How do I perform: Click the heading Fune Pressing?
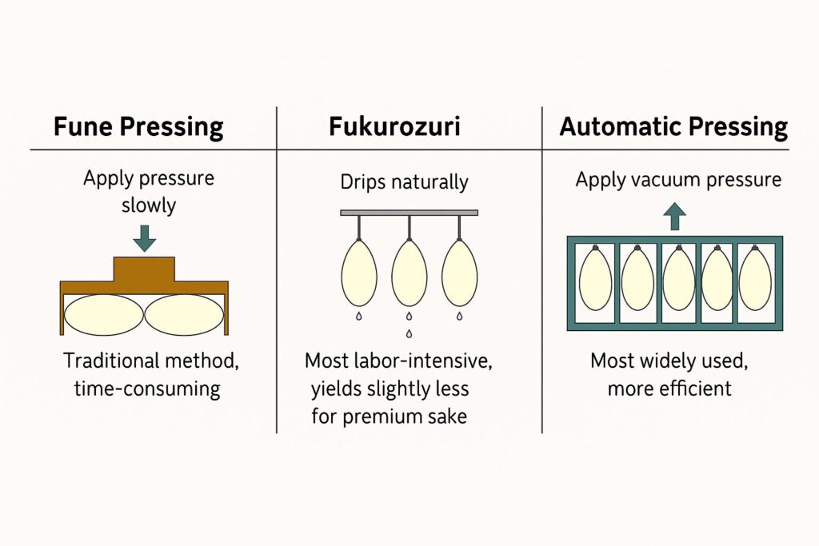[x=138, y=127]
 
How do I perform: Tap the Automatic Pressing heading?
[x=673, y=127]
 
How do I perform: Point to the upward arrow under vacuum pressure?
[x=675, y=217]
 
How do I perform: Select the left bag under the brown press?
[x=104, y=314]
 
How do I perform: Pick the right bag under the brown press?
[x=184, y=314]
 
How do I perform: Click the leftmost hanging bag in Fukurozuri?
[x=358, y=274]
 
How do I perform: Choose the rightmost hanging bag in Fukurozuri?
[x=460, y=274]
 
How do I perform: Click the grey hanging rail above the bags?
[x=409, y=213]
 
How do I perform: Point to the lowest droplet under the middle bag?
[x=409, y=333]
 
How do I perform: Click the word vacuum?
[x=675, y=180]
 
